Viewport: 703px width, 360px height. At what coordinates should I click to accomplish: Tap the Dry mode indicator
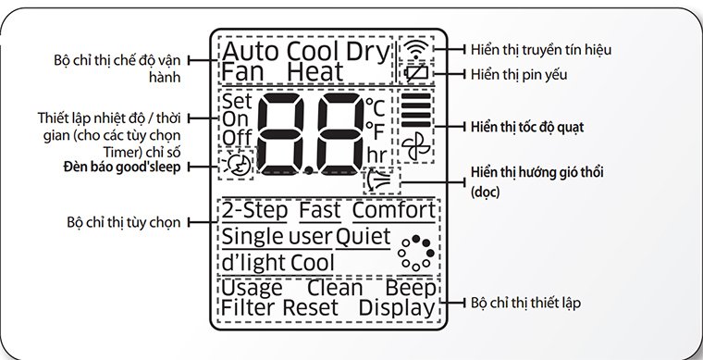coord(370,50)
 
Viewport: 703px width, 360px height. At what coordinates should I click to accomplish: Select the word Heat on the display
coord(314,71)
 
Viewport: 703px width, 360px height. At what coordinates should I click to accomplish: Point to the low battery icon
coord(417,71)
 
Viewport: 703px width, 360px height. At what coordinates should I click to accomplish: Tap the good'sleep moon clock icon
coord(236,165)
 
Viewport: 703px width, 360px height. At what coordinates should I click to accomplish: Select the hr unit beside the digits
coord(376,153)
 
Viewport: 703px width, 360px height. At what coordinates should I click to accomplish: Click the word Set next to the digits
coord(236,100)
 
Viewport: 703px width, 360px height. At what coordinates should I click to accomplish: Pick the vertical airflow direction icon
coord(378,177)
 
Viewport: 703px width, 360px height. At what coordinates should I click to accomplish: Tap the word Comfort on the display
coord(393,211)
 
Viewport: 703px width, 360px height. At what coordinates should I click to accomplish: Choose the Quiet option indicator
coord(363,237)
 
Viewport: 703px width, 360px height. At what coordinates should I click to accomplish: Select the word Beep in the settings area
coord(411,287)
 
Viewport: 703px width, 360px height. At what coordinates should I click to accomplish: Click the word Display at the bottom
coord(397,307)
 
